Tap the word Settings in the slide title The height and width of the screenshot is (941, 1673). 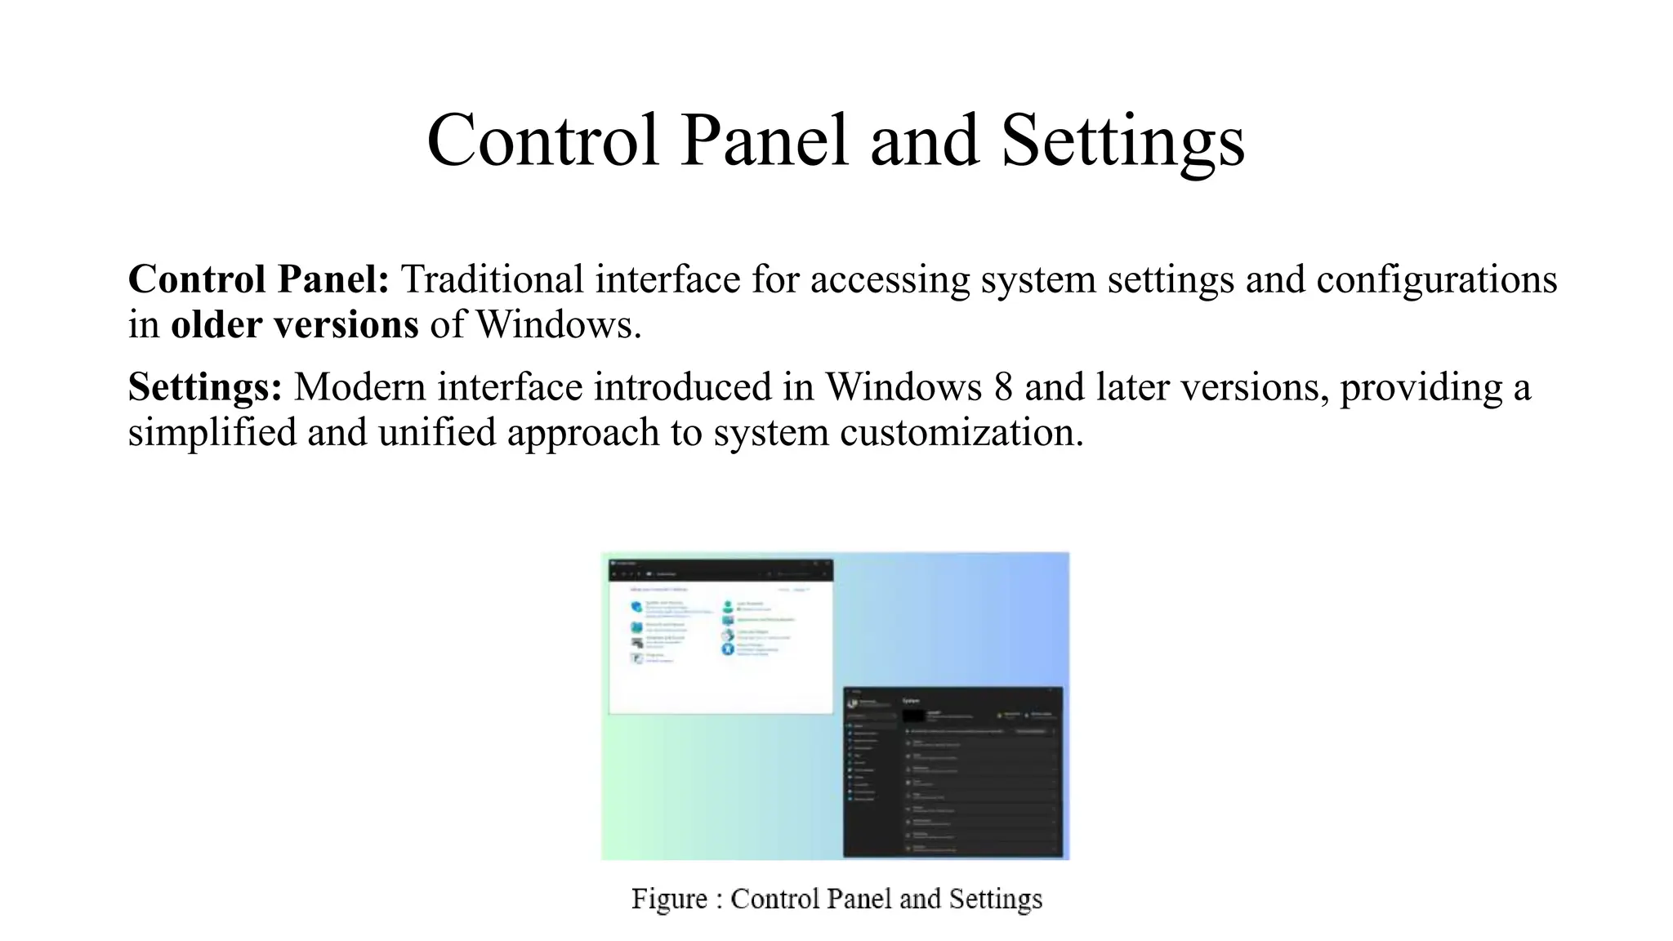click(x=1122, y=140)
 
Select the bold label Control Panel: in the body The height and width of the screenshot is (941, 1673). click(x=258, y=279)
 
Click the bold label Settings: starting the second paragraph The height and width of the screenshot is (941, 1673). click(x=205, y=387)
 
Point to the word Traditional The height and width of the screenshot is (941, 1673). click(x=492, y=279)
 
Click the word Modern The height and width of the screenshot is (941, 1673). click(x=359, y=387)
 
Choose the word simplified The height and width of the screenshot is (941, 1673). click(x=212, y=432)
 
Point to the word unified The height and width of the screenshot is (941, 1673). click(x=437, y=432)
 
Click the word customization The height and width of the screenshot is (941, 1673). click(x=961, y=432)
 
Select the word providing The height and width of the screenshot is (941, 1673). click(x=1421, y=387)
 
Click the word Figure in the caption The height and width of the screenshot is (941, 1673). click(x=669, y=899)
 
